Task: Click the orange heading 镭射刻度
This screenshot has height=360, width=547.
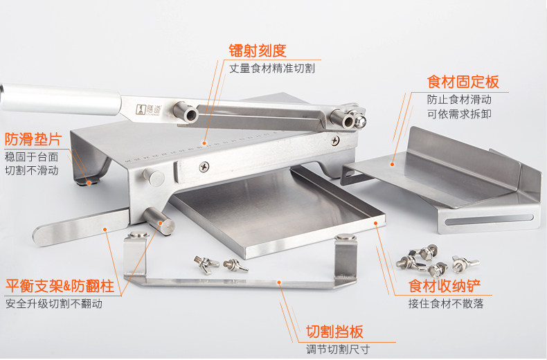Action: [258, 51]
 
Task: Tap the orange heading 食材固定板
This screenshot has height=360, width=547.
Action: [463, 82]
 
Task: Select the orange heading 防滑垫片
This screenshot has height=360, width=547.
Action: [33, 139]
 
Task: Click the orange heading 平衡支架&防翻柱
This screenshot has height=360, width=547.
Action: [60, 286]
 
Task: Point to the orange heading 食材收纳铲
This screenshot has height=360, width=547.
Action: [444, 286]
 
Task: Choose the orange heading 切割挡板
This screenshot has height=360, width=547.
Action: [334, 332]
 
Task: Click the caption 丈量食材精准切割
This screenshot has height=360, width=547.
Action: [272, 69]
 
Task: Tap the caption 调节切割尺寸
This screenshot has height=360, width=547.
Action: [338, 349]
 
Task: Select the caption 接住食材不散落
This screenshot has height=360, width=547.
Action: [446, 303]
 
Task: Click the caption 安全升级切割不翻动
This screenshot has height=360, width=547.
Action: [54, 304]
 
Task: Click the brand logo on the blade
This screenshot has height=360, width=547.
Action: [147, 109]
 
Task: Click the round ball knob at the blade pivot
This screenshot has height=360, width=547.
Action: [360, 120]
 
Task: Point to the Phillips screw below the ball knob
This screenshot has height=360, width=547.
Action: [335, 141]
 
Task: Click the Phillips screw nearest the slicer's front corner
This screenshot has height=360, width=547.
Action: [204, 167]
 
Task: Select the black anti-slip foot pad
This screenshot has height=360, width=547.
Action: [88, 182]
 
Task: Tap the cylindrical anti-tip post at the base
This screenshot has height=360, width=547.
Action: [159, 221]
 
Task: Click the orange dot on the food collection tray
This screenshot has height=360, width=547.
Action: [376, 223]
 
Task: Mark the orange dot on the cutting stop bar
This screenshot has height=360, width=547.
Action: [279, 282]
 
